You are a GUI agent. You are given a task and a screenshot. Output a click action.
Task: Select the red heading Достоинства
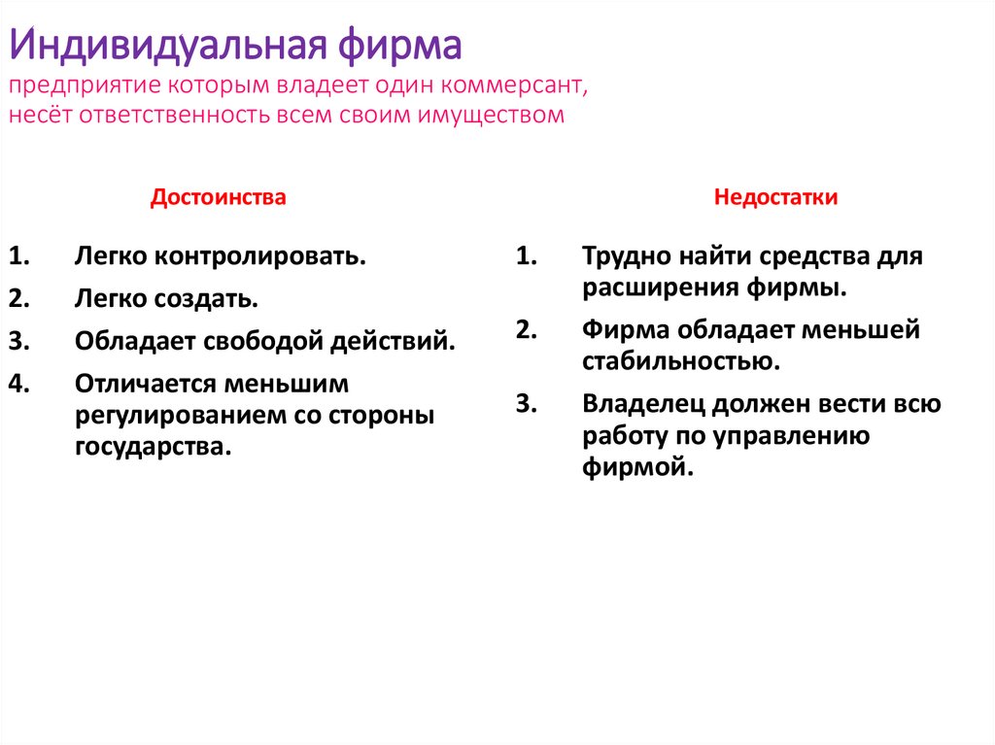(x=218, y=197)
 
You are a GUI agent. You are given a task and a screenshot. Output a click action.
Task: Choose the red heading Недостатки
(x=775, y=197)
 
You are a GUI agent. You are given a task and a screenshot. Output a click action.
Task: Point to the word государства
(x=154, y=447)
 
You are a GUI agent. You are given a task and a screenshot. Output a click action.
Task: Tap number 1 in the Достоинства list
(x=20, y=257)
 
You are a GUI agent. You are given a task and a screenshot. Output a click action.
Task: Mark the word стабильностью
(x=681, y=362)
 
